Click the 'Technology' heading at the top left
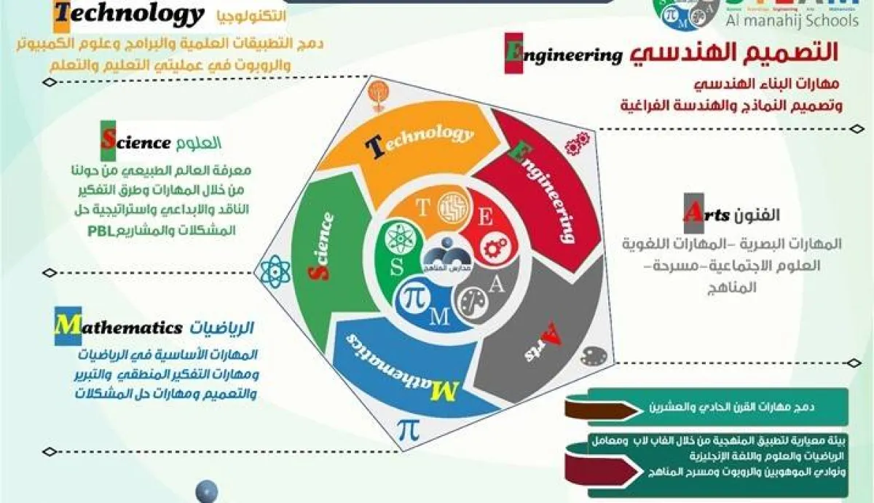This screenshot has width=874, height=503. point(129,15)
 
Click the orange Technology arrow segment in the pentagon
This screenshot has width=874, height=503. point(408,146)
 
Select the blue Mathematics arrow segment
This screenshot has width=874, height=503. point(397,364)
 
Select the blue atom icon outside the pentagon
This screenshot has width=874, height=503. point(275,271)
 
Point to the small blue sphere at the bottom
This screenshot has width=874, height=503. point(206,491)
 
